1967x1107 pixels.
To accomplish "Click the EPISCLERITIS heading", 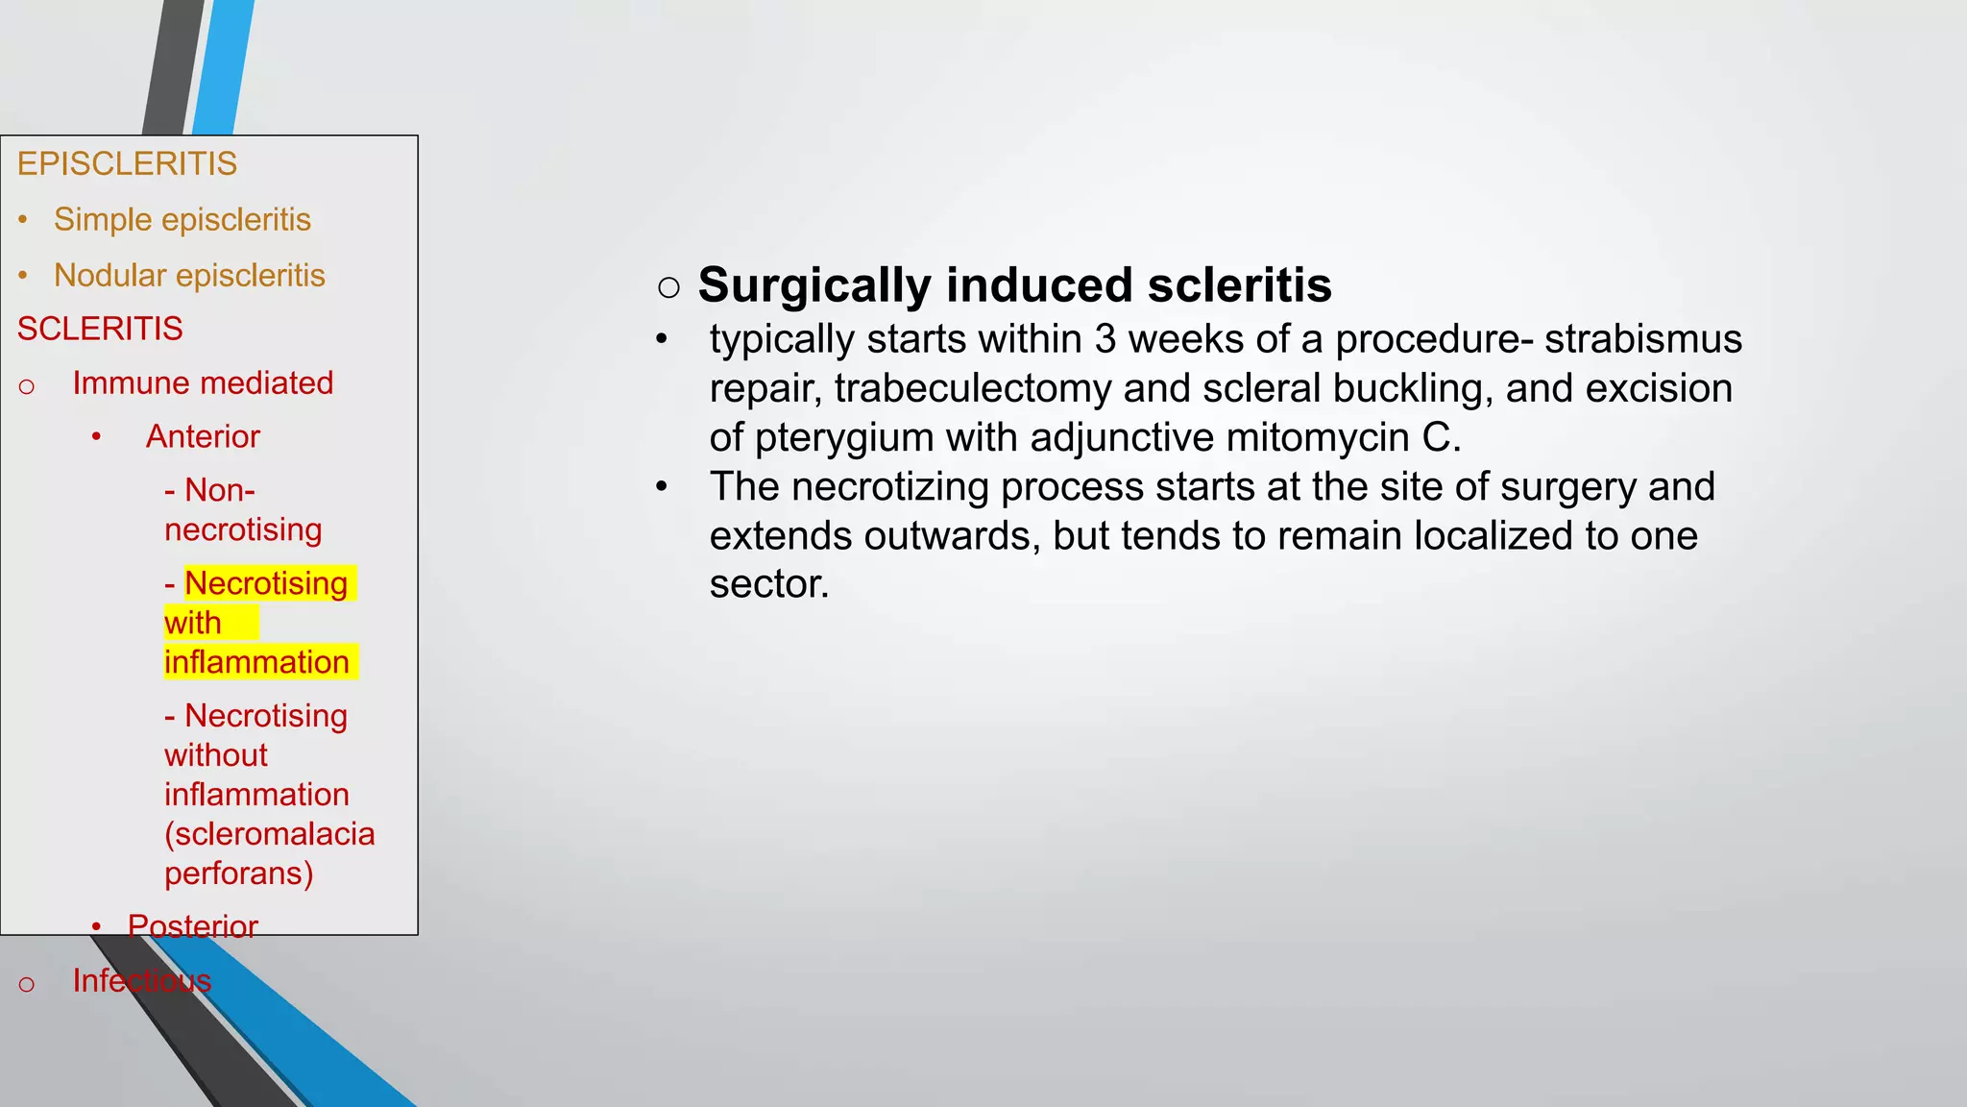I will coord(127,164).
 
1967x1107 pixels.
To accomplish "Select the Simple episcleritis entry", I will coord(182,220).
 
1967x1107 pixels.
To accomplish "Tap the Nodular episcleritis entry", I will coord(189,276).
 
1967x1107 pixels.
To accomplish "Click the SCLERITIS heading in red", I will coord(100,330).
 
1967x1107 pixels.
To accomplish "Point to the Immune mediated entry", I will coord(203,383).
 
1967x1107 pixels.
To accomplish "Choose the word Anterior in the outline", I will coord(203,437).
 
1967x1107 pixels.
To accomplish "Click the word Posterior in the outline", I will coord(193,926).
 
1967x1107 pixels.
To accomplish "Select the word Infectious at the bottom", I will coord(142,980).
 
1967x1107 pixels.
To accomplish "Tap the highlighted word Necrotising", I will coord(266,583).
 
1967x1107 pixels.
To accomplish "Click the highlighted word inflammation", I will coord(256,662).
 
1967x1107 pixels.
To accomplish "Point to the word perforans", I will coord(233,873).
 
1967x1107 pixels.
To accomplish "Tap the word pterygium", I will coord(844,438).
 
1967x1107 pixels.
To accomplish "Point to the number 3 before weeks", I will coord(1105,340).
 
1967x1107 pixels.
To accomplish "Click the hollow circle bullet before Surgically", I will coord(669,286).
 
